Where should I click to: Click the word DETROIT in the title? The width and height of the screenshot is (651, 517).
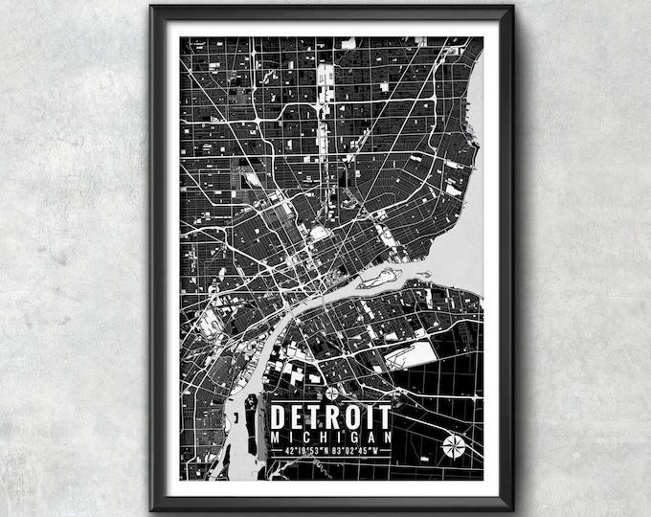click(330, 417)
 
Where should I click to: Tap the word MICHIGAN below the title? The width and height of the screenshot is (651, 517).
click(330, 437)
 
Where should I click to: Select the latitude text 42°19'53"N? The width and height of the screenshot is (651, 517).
click(300, 450)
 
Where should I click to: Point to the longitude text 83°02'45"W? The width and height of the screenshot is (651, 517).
click(362, 450)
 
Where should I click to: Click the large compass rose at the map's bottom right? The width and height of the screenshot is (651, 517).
click(455, 446)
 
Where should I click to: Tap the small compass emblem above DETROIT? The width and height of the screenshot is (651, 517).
click(331, 393)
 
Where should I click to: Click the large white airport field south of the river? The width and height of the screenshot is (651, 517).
click(410, 356)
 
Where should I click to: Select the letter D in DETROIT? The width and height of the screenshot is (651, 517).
click(279, 417)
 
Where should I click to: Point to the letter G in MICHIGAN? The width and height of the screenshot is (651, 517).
click(352, 437)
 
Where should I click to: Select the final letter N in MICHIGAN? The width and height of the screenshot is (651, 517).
click(386, 437)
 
